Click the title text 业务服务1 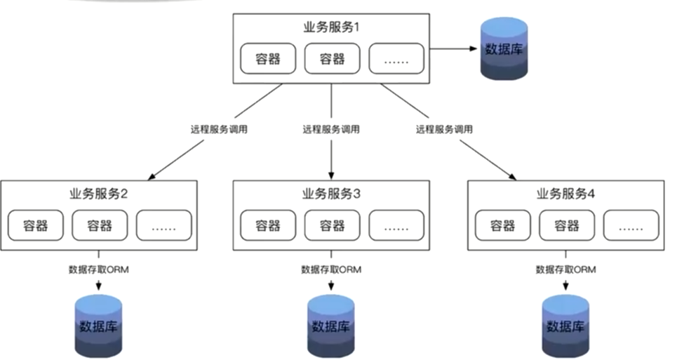(x=331, y=28)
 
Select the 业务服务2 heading (x=99, y=194)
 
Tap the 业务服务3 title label (x=331, y=194)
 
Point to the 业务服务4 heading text (x=565, y=194)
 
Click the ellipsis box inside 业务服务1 (x=396, y=59)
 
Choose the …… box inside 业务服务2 (x=164, y=225)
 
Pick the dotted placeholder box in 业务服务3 (x=396, y=225)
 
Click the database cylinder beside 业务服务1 (x=504, y=49)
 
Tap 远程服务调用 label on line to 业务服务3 (x=331, y=130)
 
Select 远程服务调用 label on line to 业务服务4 (x=444, y=130)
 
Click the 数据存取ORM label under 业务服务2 (x=98, y=269)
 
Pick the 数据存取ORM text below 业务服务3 (x=331, y=269)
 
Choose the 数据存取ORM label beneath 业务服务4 (x=565, y=269)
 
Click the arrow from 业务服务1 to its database (x=453, y=49)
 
